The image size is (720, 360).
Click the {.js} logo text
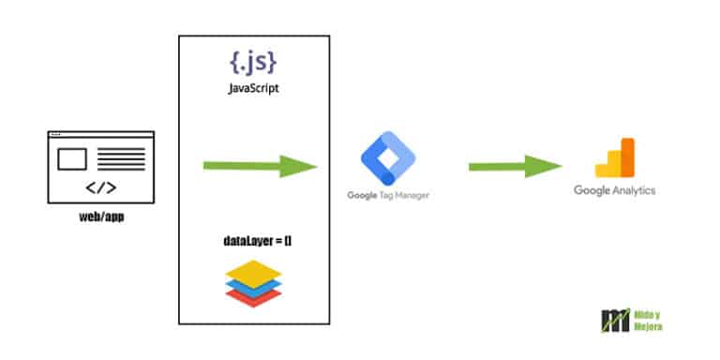253,64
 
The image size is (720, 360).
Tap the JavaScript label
253,91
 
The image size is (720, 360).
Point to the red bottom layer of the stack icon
253,293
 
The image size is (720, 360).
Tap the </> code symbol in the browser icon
100,187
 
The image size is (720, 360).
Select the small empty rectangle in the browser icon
72,159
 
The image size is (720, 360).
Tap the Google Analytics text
615,190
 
